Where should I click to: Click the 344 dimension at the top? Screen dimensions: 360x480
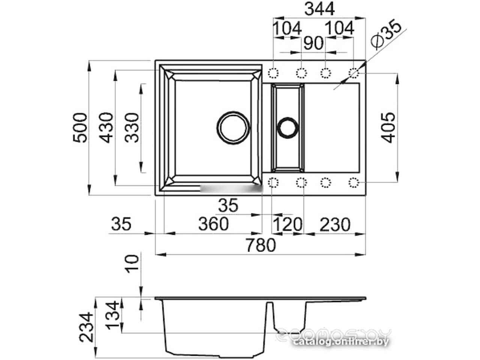(319, 9)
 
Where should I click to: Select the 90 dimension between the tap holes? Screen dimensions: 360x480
(313, 43)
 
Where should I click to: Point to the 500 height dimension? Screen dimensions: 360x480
(80, 127)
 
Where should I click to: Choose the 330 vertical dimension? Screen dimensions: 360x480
(132, 127)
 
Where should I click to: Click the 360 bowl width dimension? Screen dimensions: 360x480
(213, 224)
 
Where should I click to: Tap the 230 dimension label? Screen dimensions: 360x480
(334, 225)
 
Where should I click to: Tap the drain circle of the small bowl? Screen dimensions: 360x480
(287, 127)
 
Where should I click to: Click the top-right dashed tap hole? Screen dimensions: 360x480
(353, 72)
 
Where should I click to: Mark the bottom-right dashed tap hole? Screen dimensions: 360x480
(353, 183)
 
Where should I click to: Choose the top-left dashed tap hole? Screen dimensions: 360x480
(274, 72)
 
